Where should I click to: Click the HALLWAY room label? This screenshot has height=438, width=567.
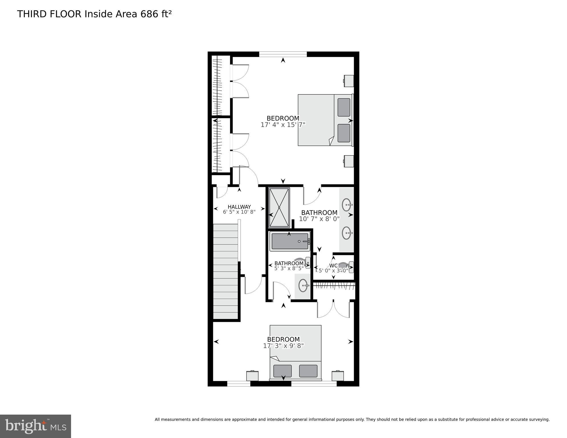(239, 207)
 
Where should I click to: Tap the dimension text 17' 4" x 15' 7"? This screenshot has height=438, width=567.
(283, 125)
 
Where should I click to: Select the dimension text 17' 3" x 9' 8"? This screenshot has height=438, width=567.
(283, 346)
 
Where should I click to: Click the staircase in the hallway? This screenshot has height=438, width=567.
(225, 271)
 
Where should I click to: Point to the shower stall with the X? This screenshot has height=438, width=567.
(279, 207)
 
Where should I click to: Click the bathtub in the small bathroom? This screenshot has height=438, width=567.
(290, 241)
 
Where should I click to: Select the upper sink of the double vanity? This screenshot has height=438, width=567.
(347, 205)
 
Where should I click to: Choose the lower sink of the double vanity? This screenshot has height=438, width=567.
(347, 233)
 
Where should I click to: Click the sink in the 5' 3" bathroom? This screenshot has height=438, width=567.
(303, 285)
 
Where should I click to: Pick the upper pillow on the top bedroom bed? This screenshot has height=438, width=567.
(344, 107)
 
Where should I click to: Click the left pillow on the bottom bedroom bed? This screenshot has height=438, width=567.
(283, 371)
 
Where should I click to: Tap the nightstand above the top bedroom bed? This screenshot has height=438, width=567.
(349, 81)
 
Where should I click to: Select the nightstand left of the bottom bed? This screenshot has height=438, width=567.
(252, 376)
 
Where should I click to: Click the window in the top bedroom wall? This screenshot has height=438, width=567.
(283, 54)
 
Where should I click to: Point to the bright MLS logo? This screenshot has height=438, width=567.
(35, 426)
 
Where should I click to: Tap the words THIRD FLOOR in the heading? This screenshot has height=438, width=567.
(49, 14)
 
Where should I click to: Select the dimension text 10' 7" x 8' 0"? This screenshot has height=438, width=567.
(319, 219)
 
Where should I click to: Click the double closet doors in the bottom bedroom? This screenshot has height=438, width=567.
(333, 309)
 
